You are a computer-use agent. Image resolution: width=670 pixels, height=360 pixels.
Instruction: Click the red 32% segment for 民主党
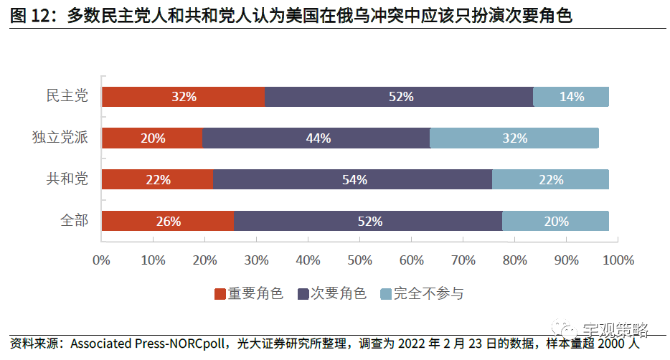[x=183, y=97]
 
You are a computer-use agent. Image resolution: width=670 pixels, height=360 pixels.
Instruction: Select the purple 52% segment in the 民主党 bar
[x=399, y=97]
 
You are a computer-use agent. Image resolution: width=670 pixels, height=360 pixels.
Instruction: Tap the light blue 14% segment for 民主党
[x=571, y=97]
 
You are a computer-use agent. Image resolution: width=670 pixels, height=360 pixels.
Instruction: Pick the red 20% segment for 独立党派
[x=151, y=138]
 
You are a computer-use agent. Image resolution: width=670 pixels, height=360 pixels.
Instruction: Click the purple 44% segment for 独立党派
[x=316, y=138]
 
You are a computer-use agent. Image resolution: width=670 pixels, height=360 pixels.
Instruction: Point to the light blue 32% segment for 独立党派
[x=514, y=138]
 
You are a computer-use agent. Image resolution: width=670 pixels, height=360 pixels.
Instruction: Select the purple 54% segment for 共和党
[x=352, y=180]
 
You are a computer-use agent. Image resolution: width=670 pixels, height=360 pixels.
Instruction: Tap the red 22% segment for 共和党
[x=157, y=180]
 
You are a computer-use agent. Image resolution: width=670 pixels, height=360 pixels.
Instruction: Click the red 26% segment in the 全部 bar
[x=167, y=222]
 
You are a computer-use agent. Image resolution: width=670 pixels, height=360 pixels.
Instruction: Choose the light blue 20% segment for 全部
[x=555, y=222]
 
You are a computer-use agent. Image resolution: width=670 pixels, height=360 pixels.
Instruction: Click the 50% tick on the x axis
[x=359, y=260]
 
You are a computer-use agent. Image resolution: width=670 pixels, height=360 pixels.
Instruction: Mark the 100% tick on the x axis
[x=618, y=260]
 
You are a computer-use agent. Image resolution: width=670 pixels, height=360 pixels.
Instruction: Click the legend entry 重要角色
[x=250, y=294]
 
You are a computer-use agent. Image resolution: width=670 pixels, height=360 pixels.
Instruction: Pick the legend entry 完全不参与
[x=423, y=294]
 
